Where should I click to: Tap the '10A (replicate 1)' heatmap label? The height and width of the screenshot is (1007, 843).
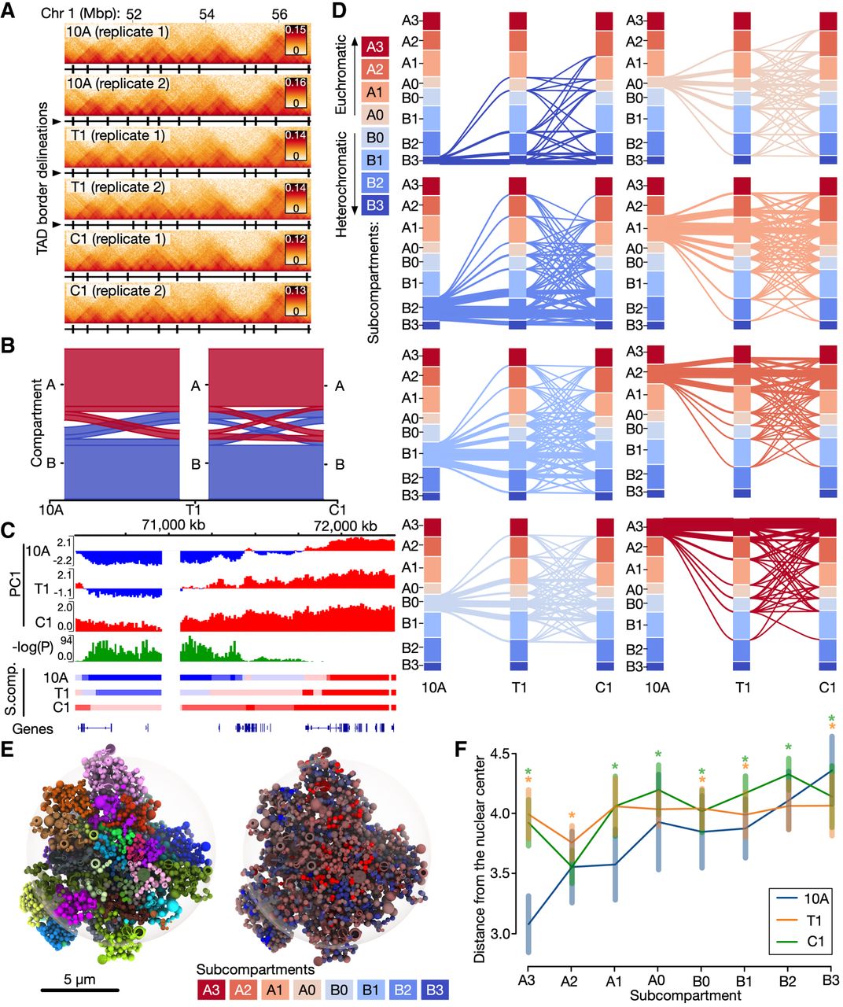click(118, 31)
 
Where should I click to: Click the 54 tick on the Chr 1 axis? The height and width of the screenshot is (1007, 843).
click(206, 14)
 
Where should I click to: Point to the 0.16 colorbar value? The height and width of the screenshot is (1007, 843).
click(296, 82)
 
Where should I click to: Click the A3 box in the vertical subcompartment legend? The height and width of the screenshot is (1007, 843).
click(375, 46)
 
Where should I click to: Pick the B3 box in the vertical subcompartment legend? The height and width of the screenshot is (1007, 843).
click(375, 205)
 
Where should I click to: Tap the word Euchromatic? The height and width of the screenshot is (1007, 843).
click(341, 74)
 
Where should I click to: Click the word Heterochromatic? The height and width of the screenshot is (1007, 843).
click(341, 184)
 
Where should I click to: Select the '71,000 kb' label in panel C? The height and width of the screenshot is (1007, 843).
click(173, 524)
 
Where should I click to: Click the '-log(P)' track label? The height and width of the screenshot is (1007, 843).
click(33, 647)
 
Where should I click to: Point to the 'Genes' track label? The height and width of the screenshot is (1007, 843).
click(33, 728)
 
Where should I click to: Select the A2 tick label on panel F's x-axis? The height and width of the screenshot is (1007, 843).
click(569, 980)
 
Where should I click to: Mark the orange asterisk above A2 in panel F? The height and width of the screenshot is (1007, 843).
click(572, 815)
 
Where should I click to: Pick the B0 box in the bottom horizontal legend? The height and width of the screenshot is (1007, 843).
click(339, 990)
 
